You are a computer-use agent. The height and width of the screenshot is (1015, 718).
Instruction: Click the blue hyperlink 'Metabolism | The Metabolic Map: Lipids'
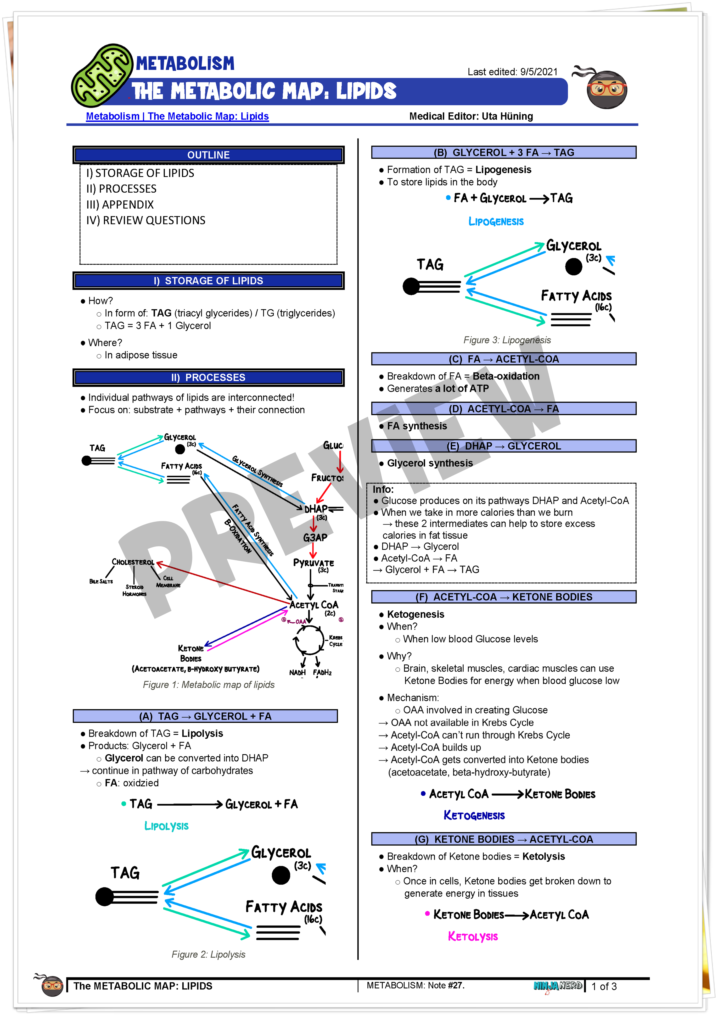(177, 116)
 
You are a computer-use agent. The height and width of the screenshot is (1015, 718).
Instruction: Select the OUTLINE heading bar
(208, 155)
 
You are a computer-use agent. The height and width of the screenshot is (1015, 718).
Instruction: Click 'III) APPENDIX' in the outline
(120, 205)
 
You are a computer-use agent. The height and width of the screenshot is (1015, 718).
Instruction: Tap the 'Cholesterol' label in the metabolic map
(133, 562)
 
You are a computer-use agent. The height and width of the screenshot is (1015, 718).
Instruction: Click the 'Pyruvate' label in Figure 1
(314, 563)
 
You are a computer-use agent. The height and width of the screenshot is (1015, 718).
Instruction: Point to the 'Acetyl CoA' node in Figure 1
(314, 605)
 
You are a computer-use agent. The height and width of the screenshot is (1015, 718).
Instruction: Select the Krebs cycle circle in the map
(309, 640)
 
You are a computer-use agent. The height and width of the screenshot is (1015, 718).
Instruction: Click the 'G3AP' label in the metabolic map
(315, 538)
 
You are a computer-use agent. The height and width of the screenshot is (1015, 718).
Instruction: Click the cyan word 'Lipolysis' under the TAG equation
(166, 826)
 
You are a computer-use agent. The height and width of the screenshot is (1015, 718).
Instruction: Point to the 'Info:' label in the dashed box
(383, 489)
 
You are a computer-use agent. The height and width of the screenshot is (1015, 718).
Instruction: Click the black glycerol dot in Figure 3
(573, 267)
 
